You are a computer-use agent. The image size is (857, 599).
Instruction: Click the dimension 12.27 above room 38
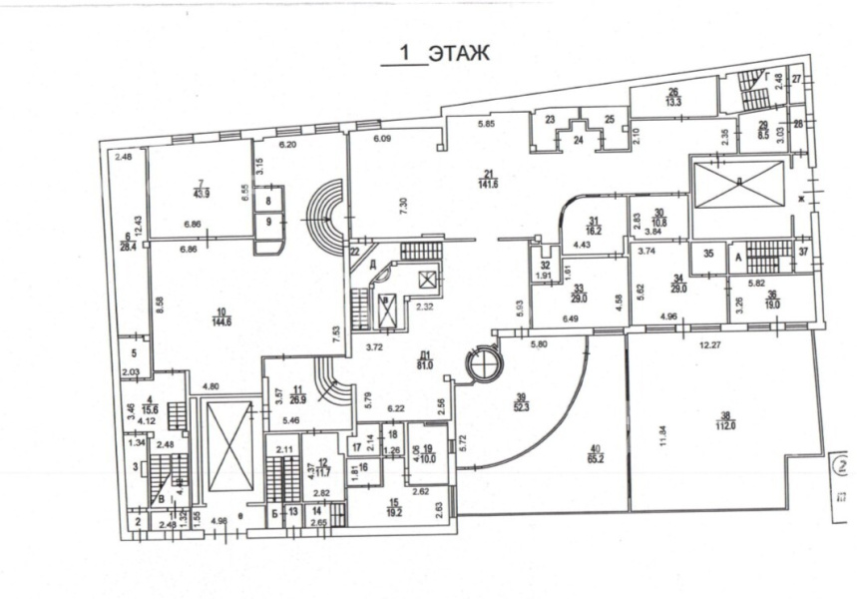click(711, 345)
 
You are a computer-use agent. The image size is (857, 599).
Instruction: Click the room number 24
click(578, 140)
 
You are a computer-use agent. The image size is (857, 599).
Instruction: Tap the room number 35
click(708, 255)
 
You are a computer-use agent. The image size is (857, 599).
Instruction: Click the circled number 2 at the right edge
click(837, 464)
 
